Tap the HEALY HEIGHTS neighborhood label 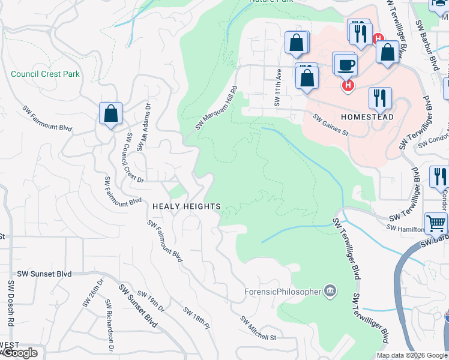186,206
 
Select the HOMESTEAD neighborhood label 367,116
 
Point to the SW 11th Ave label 278,87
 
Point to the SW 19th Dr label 151,301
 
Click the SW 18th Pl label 197,316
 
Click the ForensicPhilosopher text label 282,292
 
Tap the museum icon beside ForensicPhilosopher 330,292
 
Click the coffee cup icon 347,64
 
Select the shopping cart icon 436,223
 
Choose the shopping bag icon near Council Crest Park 111,113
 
